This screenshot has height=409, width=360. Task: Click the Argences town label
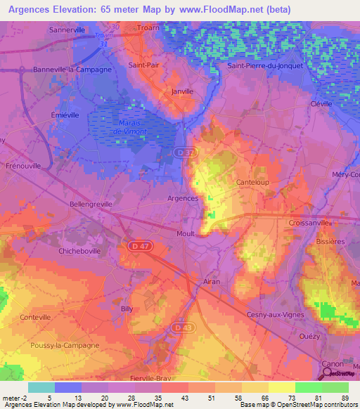[x=182, y=199]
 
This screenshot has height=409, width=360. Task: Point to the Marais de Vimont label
[x=127, y=126]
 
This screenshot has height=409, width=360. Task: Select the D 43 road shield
[x=184, y=327]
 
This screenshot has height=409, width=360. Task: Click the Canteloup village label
[x=253, y=182]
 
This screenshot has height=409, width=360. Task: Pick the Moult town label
[x=186, y=233]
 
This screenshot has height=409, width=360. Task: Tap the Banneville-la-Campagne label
[x=72, y=70]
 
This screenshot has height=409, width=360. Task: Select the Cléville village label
[x=322, y=103]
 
